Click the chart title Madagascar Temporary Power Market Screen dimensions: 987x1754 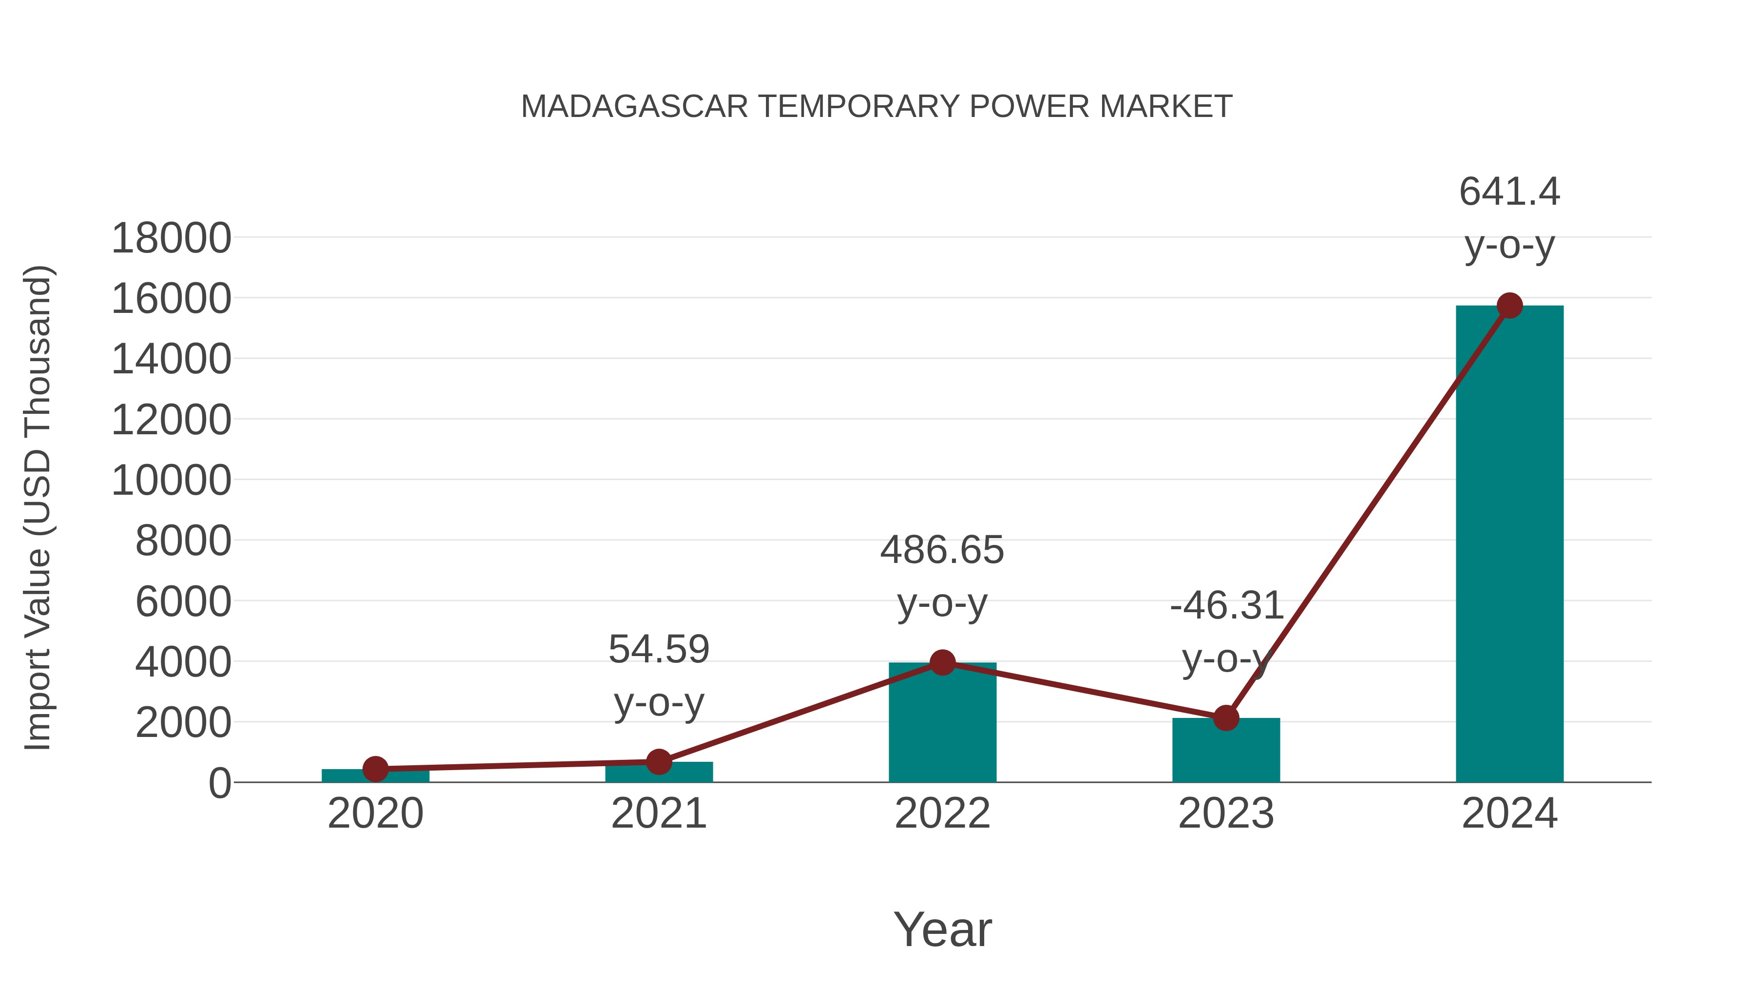pos(877,107)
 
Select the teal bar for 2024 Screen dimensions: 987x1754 pos(1509,545)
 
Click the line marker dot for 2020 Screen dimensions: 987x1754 pos(376,769)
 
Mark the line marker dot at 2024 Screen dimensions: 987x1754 pos(1509,306)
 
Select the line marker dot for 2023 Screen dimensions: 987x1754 pos(1226,718)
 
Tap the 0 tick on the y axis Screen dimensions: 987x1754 pos(220,783)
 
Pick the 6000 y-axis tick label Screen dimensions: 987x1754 pos(183,601)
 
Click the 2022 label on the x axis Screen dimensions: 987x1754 pos(942,813)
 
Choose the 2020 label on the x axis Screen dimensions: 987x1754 pos(376,813)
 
